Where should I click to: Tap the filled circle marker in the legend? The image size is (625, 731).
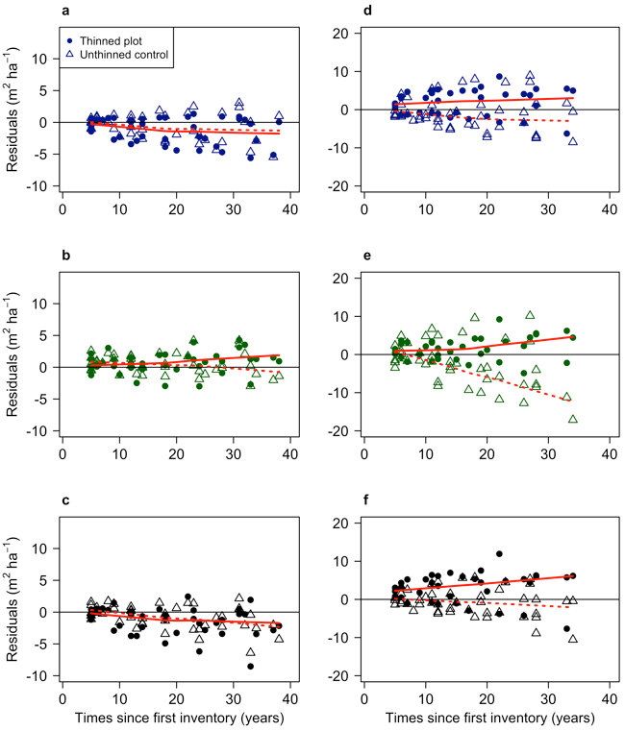tap(73, 41)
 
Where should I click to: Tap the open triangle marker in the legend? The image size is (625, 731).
tap(73, 55)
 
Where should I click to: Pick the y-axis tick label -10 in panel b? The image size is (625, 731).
tap(39, 431)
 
